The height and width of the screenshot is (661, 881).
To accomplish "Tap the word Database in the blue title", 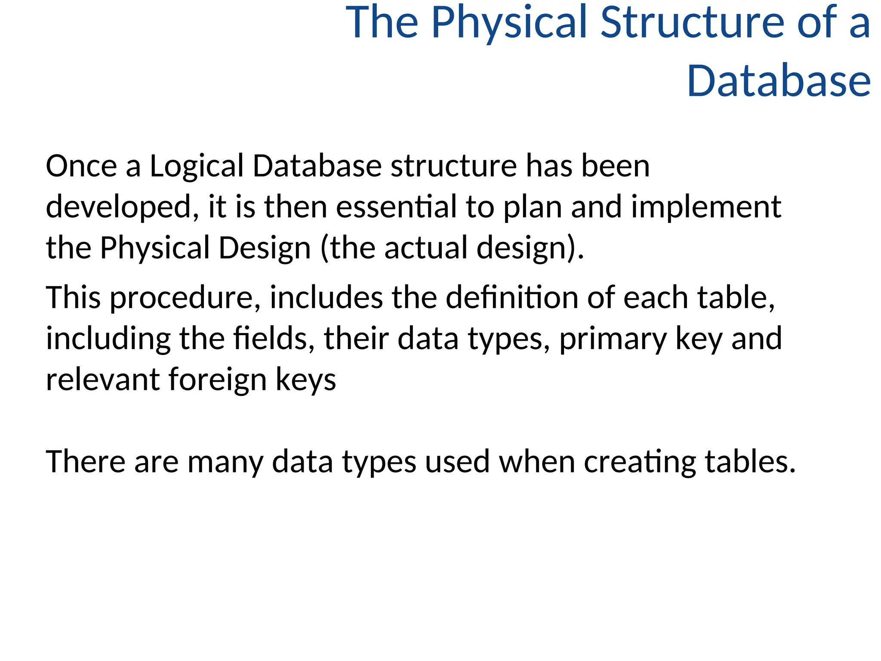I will tap(779, 81).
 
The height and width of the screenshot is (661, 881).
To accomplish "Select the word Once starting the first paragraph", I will tap(81, 166).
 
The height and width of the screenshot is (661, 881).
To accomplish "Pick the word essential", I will tap(396, 207).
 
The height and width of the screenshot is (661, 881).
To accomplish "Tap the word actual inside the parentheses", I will tap(425, 248).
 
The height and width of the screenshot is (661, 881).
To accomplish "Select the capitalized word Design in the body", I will tap(265, 249).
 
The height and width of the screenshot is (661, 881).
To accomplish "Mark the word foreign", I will tap(217, 380).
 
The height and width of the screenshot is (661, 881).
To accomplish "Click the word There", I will tap(86, 462).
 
